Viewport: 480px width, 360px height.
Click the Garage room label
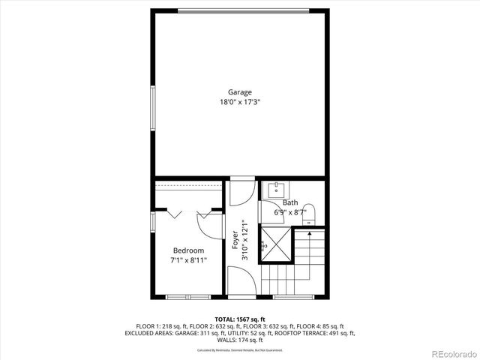(x=240, y=92)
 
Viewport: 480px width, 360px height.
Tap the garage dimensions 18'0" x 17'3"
(x=240, y=102)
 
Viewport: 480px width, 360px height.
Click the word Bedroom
(x=188, y=250)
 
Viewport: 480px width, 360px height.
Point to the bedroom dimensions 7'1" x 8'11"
(x=188, y=260)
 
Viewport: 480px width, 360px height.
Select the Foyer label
(x=235, y=238)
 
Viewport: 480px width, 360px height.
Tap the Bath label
(x=290, y=202)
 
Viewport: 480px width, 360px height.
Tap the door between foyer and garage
(x=241, y=192)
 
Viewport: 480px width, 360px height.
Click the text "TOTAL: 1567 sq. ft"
(x=240, y=319)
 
